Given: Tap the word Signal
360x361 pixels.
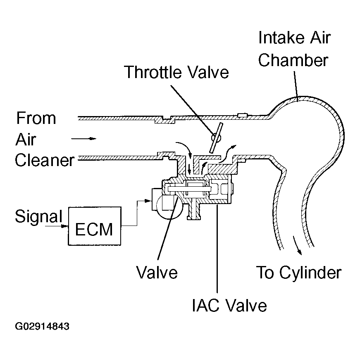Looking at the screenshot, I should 38,216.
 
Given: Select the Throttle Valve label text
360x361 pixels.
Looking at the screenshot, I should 177,72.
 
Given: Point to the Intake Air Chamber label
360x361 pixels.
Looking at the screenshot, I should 294,49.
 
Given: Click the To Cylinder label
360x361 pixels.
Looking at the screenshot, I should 299,273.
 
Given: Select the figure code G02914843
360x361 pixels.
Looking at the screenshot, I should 42,326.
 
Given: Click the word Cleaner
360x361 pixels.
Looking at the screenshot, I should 45,160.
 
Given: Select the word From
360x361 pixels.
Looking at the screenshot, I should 36,118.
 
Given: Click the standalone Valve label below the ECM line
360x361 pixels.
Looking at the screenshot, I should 157,272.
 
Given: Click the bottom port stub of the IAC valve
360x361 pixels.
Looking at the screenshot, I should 195,213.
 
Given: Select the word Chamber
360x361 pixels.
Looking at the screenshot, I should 293,60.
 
